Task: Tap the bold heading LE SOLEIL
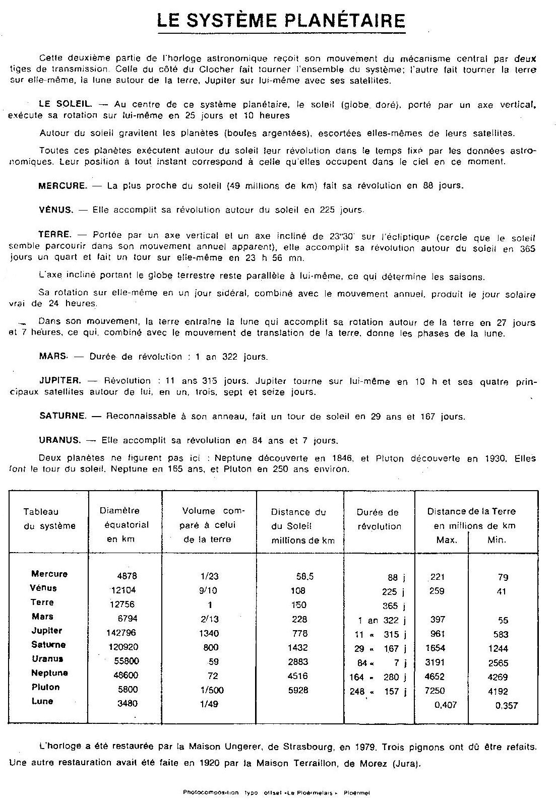coord(65,104)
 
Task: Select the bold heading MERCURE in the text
coord(63,185)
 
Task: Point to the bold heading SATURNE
coord(63,416)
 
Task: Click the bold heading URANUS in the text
coord(59,440)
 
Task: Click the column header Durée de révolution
coord(379,519)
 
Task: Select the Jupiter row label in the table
coord(47,630)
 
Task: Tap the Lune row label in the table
coord(42,701)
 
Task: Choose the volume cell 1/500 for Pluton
coord(211,690)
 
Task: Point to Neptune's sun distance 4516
coord(297,676)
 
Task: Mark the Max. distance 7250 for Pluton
coord(435,690)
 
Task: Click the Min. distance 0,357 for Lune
coord(506,705)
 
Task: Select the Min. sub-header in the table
coord(497,540)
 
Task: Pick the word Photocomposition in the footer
coord(211,792)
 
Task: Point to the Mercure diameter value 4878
coord(127,576)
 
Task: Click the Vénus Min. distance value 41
coord(501,591)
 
